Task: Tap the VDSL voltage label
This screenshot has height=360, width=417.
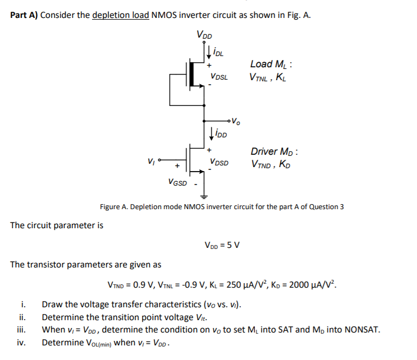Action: pyautogui.click(x=219, y=76)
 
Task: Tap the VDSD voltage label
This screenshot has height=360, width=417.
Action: pyautogui.click(x=219, y=162)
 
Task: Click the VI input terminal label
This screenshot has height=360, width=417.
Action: pyautogui.click(x=151, y=159)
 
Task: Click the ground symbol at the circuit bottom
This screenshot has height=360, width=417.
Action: pyautogui.click(x=204, y=196)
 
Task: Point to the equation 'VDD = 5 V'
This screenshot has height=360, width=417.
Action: pyautogui.click(x=223, y=244)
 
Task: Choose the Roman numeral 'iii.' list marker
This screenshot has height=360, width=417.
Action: pyautogui.click(x=22, y=329)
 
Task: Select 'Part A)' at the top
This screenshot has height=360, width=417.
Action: pyautogui.click(x=25, y=15)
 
